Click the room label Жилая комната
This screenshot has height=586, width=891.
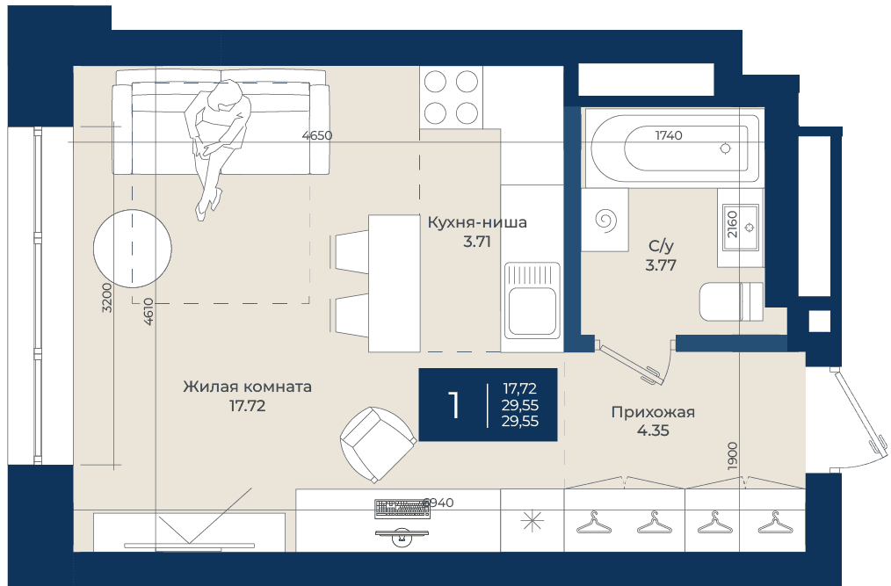247,387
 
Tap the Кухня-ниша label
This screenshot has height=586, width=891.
477,222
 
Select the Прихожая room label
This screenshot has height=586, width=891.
653,412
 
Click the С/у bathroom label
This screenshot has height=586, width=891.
661,246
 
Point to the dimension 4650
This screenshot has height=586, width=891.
317,136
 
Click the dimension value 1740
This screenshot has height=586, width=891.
668,135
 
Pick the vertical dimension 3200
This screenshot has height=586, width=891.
107,297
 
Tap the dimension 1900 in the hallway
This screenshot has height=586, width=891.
732,455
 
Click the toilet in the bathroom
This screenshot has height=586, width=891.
731,301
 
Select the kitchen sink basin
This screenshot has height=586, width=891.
532,311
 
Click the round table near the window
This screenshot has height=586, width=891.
133,249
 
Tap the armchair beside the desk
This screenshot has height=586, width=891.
378,445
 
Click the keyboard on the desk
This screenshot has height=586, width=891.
402,509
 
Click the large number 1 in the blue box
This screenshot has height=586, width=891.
453,405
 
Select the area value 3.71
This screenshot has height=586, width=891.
477,242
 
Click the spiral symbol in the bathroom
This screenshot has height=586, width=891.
605,221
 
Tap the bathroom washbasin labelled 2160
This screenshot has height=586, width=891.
741,228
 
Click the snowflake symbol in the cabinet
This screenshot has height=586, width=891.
532,521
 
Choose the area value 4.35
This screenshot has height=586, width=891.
653,430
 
